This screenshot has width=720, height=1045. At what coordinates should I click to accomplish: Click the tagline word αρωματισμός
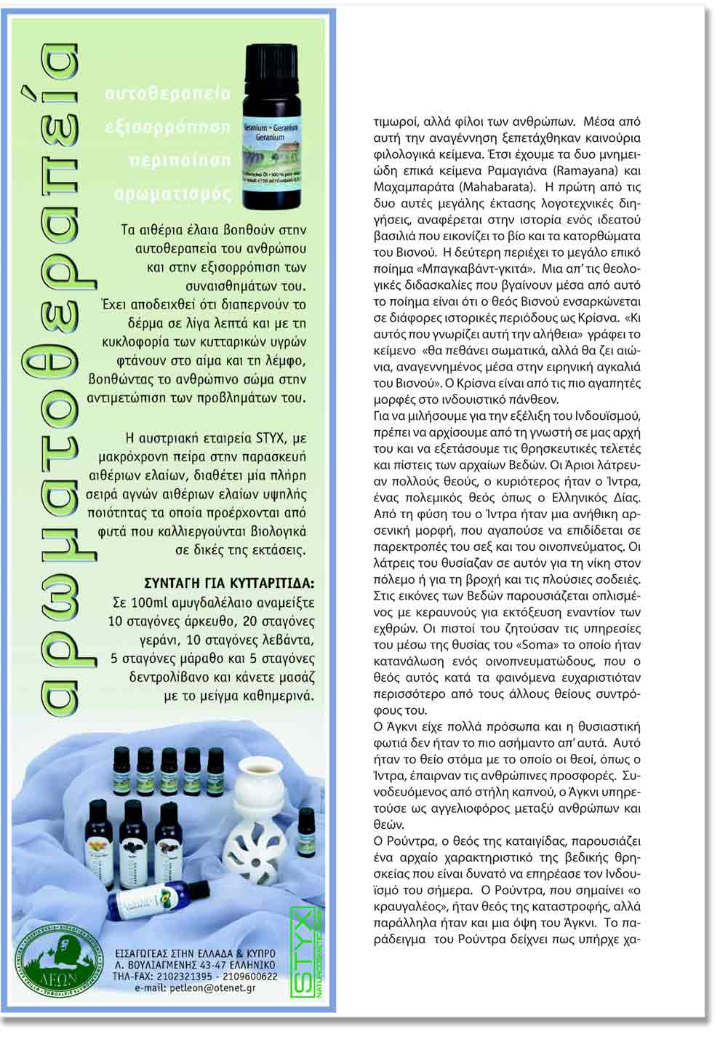tap(173, 194)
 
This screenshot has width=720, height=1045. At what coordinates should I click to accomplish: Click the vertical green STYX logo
tap(303, 950)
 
